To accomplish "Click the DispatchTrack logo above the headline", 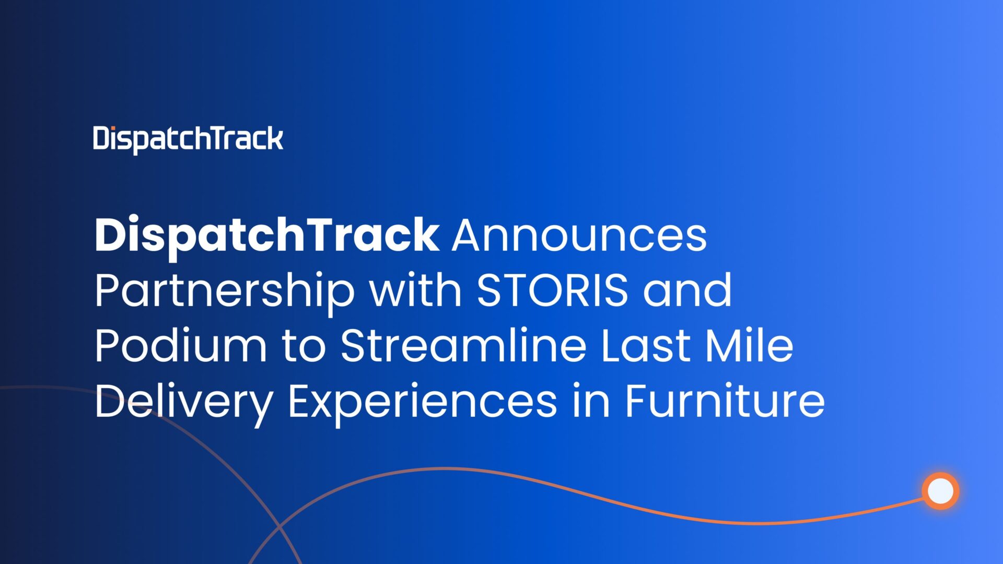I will pyautogui.click(x=188, y=139).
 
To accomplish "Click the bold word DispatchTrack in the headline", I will pyautogui.click(x=266, y=236).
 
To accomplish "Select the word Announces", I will pyautogui.click(x=579, y=236).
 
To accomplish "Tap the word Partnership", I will pyautogui.click(x=225, y=291).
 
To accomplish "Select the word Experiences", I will pyautogui.click(x=422, y=402).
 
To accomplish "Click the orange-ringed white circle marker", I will pyautogui.click(x=940, y=491).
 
